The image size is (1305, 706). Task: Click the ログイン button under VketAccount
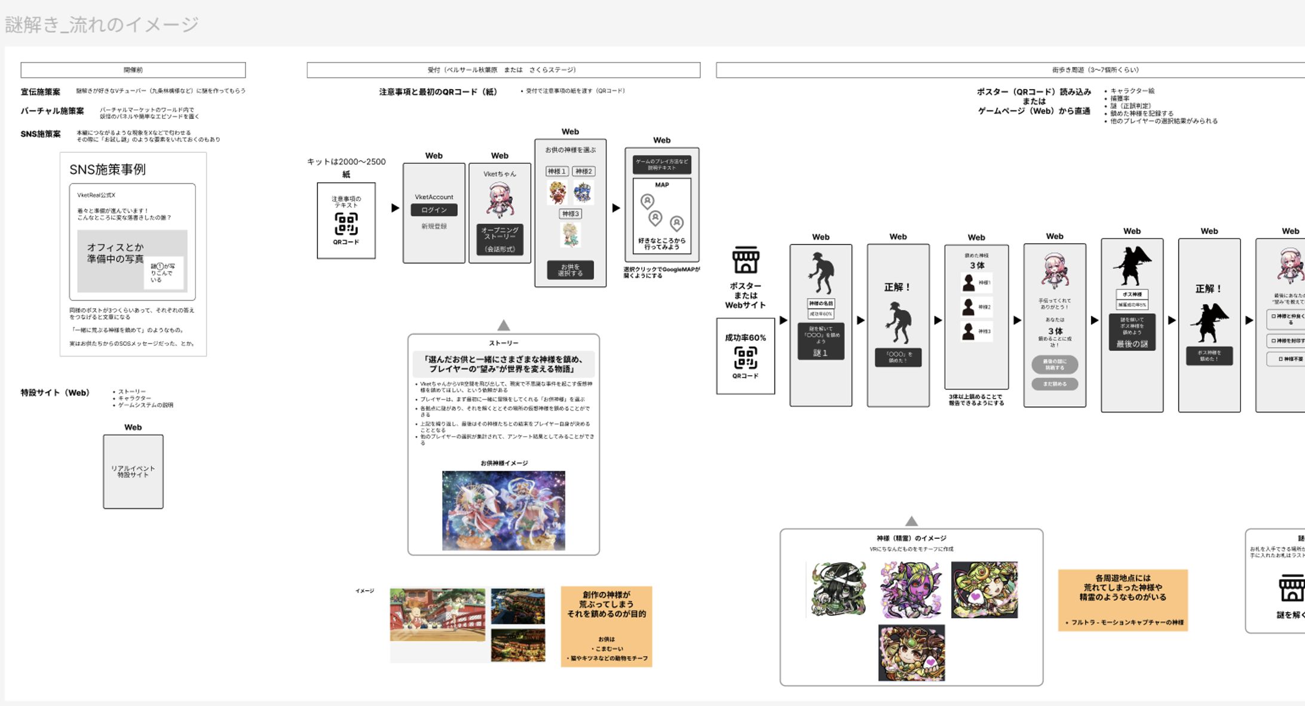click(x=434, y=210)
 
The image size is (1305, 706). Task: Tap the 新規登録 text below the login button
click(x=434, y=226)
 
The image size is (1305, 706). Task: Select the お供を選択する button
click(x=570, y=270)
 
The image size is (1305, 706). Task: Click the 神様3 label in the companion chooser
click(x=570, y=214)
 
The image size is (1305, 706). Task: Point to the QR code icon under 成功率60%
click(x=745, y=358)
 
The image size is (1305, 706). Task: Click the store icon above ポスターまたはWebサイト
click(x=746, y=260)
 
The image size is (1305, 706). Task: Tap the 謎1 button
click(x=820, y=352)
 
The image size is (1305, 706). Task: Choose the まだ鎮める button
click(x=1055, y=384)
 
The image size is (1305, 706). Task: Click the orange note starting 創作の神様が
click(x=606, y=626)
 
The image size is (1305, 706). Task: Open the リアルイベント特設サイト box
click(x=133, y=472)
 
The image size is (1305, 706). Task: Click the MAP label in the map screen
click(x=661, y=185)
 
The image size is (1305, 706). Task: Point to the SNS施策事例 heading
click(x=108, y=170)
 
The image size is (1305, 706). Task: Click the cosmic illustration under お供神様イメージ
click(x=503, y=511)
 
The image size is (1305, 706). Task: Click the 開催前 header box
click(x=133, y=70)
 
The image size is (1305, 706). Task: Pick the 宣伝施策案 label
click(x=41, y=92)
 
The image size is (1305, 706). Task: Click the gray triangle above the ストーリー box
click(x=504, y=326)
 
